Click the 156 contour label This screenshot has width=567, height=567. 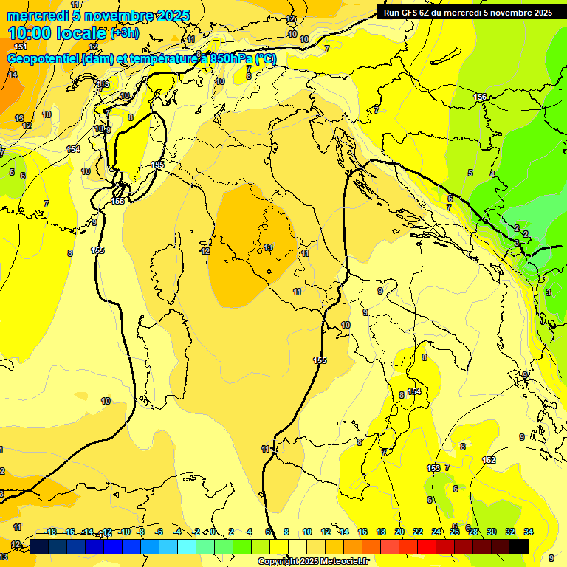coord(480,97)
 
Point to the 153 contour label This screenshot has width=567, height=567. coord(433,468)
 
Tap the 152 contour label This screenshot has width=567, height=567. coord(489,460)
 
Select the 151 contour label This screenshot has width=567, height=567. coord(21,47)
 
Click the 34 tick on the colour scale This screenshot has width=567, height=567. coord(529,532)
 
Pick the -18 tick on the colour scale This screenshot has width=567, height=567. coord(50,532)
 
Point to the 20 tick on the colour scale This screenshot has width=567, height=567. coord(399,532)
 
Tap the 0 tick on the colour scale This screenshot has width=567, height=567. coord(213,532)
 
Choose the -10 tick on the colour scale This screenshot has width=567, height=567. coord(125,532)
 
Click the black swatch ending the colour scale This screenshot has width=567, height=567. coord(519,546)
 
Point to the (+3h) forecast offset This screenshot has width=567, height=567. coord(124,32)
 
